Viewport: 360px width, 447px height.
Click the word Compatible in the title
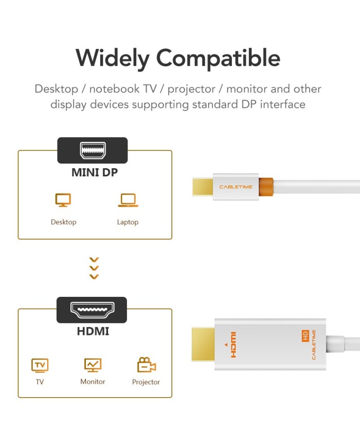pos(219,58)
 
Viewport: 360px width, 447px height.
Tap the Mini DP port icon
pos(93,150)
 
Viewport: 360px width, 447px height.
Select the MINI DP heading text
pos(94,172)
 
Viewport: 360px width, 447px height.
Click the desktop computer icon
pos(63,200)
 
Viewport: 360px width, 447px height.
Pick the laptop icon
pos(128,200)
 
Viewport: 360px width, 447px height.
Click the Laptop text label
pos(128,222)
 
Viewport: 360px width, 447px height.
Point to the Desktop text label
pos(64,222)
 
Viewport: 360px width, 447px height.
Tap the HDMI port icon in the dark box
pos(93,310)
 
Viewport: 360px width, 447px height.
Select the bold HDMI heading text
pos(93,331)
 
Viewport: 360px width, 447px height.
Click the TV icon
pos(40,365)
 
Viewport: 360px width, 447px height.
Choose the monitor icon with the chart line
pos(93,365)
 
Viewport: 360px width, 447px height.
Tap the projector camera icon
pos(146,365)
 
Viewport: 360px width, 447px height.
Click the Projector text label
pos(146,382)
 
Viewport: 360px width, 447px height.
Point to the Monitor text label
pos(93,382)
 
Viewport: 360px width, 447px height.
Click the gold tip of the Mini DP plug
pos(203,187)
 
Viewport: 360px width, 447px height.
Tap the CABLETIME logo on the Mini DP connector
pos(236,187)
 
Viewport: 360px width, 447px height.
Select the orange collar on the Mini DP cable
pos(266,187)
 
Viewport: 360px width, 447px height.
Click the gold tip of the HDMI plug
pos(203,344)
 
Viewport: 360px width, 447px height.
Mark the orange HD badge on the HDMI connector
pos(305,336)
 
